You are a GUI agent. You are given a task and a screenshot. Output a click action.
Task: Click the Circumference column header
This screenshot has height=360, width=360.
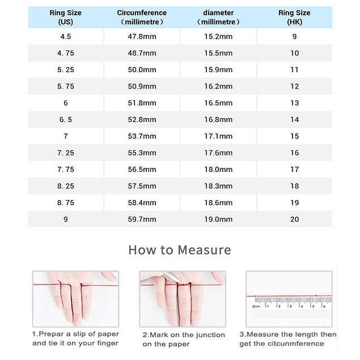(x=142, y=17)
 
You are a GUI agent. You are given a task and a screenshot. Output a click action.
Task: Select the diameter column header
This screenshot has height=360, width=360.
(x=218, y=17)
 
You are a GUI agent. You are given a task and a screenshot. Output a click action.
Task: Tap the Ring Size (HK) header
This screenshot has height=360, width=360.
(x=294, y=17)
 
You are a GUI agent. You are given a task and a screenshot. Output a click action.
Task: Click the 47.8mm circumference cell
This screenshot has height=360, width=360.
(x=142, y=37)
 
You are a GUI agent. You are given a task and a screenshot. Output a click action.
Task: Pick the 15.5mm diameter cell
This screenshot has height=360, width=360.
(x=218, y=53)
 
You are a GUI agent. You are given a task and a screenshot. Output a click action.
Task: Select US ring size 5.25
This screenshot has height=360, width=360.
(x=65, y=70)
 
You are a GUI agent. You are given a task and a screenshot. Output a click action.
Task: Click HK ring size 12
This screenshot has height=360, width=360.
(x=294, y=87)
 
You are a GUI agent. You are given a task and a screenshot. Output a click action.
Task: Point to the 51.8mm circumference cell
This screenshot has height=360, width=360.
(x=142, y=103)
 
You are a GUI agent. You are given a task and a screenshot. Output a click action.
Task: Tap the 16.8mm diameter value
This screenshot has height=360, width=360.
(x=218, y=120)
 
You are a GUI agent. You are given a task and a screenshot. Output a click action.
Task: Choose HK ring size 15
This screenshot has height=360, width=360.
(x=294, y=136)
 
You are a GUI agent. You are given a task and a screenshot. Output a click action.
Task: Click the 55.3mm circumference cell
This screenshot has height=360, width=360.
(x=142, y=153)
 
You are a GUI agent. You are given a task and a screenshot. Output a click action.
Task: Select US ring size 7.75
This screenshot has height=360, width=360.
(x=65, y=170)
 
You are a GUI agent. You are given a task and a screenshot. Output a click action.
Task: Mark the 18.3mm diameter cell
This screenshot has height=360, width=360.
(x=218, y=186)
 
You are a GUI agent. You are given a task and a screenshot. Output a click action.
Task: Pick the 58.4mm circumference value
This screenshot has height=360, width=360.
(x=142, y=202)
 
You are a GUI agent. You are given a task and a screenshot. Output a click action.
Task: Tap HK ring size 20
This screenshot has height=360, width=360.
(x=294, y=219)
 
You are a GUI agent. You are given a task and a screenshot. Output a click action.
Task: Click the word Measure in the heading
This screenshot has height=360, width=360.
(x=204, y=250)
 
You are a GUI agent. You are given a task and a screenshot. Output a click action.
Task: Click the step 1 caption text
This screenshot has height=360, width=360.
(x=75, y=338)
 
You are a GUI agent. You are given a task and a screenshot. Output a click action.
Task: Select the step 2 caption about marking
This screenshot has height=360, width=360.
(x=183, y=339)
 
